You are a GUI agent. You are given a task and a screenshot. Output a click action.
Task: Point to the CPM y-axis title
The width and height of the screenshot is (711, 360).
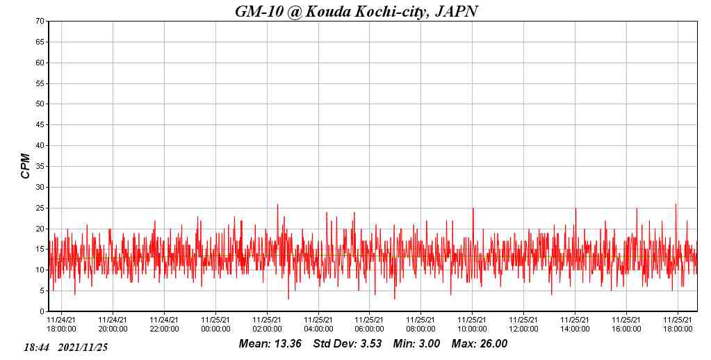pyautogui.click(x=26, y=166)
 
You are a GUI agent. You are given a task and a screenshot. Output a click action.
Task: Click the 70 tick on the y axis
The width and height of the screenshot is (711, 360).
pyautogui.click(x=40, y=22)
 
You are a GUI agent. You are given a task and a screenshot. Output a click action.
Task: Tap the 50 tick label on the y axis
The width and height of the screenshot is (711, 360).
pyautogui.click(x=40, y=104)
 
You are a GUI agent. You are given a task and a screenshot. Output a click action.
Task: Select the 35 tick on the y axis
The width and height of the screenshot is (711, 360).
pyautogui.click(x=40, y=167)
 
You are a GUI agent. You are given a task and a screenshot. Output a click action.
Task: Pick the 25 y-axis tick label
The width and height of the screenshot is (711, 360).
pyautogui.click(x=40, y=208)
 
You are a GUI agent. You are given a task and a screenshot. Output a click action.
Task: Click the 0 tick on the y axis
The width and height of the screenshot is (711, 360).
pyautogui.click(x=42, y=311)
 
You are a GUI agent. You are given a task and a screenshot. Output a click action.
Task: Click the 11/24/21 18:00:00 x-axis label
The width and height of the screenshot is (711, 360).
pyautogui.click(x=61, y=325)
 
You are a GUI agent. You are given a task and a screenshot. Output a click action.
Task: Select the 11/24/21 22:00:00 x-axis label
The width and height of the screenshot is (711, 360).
pyautogui.click(x=164, y=325)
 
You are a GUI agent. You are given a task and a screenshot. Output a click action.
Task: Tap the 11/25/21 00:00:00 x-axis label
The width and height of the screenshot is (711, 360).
pyautogui.click(x=215, y=325)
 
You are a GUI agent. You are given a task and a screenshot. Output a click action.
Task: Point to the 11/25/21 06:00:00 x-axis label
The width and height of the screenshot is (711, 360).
pyautogui.click(x=370, y=325)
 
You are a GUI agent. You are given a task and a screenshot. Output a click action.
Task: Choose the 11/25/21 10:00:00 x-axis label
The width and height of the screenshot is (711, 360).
pyautogui.click(x=473, y=325)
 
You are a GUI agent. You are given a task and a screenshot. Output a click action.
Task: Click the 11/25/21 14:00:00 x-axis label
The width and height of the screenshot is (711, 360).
pyautogui.click(x=575, y=325)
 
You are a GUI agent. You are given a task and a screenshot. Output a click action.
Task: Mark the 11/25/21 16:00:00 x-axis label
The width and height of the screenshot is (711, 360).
pyautogui.click(x=627, y=325)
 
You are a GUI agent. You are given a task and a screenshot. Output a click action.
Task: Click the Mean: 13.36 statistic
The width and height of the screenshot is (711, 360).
pyautogui.click(x=270, y=344)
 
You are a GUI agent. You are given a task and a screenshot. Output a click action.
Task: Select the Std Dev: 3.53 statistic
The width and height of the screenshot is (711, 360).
pyautogui.click(x=347, y=344)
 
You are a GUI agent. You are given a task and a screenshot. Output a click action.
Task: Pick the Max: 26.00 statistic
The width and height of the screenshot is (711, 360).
pyautogui.click(x=480, y=344)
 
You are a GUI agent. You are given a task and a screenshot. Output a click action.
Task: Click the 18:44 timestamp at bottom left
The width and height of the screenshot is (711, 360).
pyautogui.click(x=36, y=347)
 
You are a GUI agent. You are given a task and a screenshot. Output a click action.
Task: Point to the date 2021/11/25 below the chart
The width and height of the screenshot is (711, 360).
pyautogui.click(x=83, y=347)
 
